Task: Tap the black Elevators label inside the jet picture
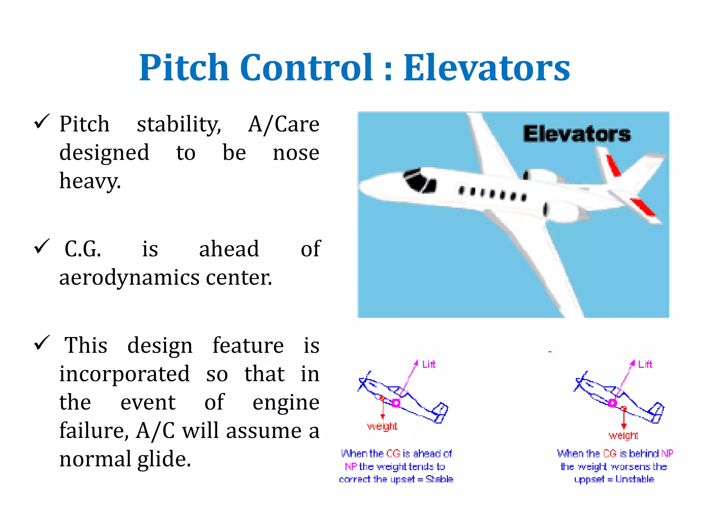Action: point(577,134)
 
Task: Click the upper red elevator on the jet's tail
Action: point(613,166)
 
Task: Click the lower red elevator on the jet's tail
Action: point(643,207)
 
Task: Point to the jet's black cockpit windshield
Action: point(420,180)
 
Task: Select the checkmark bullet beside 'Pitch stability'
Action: point(42,122)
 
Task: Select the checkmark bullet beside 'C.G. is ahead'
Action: point(42,246)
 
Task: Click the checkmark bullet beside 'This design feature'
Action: point(42,343)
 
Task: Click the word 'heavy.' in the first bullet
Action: point(90,181)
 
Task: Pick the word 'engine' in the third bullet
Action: point(286,402)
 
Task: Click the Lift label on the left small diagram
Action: point(429,364)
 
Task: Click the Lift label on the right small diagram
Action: point(645,364)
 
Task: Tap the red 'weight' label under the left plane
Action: point(382,426)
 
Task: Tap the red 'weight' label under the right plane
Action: point(623,435)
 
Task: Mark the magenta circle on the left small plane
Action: point(396,403)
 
